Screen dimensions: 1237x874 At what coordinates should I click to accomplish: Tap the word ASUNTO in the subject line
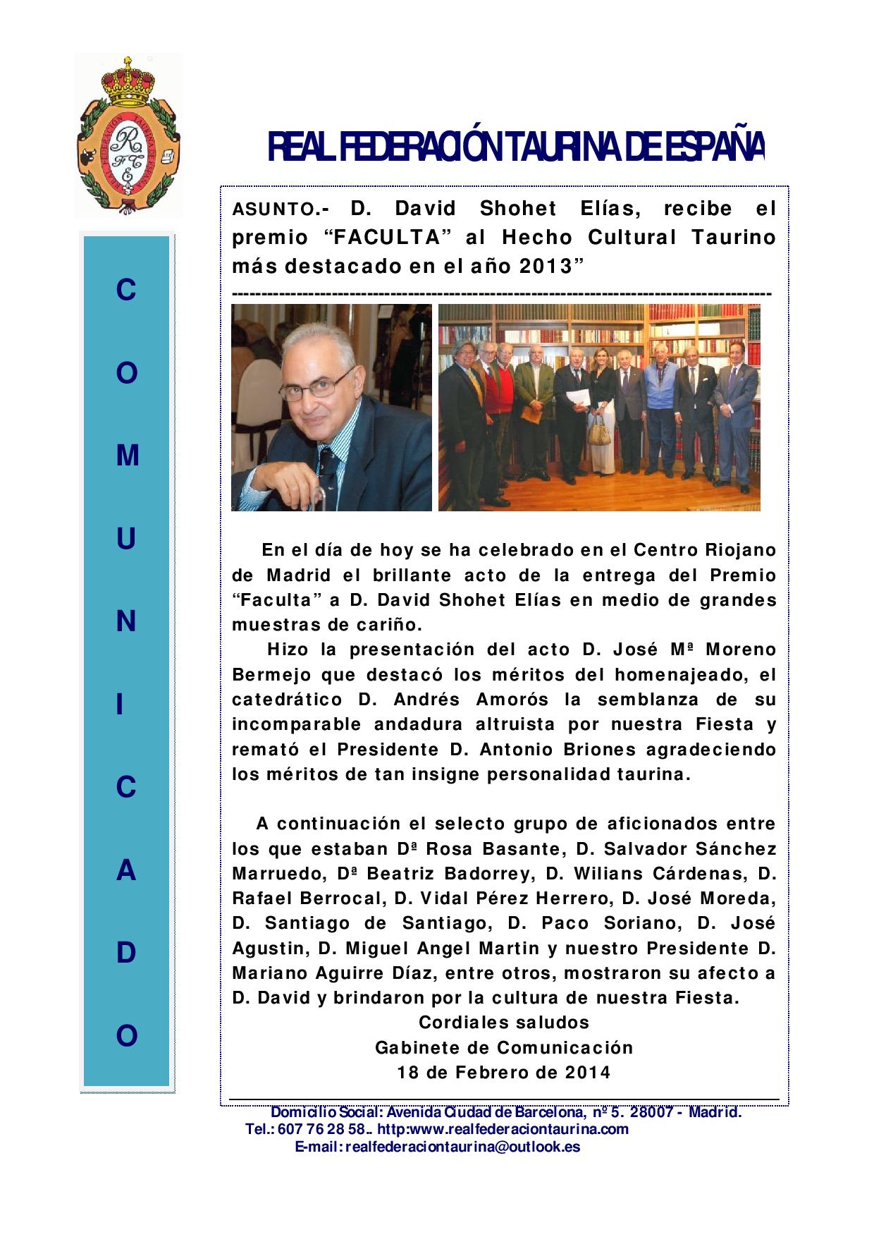pyautogui.click(x=273, y=209)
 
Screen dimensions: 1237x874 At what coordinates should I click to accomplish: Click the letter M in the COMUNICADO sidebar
pyautogui.click(x=127, y=456)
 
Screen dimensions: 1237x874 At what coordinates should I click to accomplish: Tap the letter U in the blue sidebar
pyautogui.click(x=126, y=539)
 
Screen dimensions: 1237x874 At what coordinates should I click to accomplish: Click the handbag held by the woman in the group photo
pyautogui.click(x=599, y=430)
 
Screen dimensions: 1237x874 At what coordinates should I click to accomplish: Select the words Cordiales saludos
pyautogui.click(x=504, y=1022)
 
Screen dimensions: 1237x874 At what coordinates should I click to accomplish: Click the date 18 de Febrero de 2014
pyautogui.click(x=504, y=1073)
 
